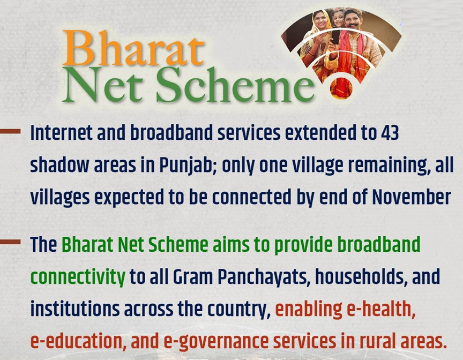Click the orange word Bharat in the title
(133, 48)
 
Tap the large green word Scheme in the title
(235, 85)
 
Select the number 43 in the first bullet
(390, 133)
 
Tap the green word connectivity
(78, 277)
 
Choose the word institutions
(75, 309)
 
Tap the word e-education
(76, 341)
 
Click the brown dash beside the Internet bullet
(10, 131)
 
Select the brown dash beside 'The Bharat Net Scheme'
(10, 242)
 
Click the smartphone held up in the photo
(336, 36)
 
